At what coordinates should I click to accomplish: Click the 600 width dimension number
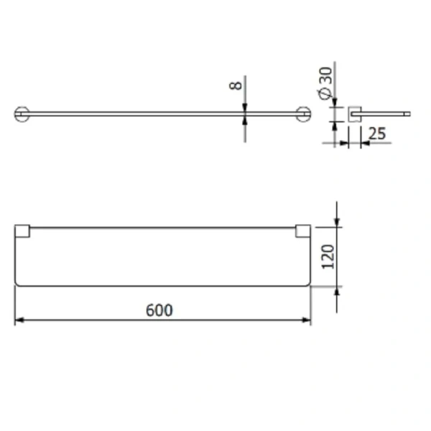[x=159, y=310]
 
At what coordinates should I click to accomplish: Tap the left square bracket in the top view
[x=22, y=231]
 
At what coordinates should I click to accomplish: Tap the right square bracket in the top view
[x=303, y=231]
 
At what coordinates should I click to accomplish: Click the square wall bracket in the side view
[x=353, y=113]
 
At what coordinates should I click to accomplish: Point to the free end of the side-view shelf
[x=407, y=113]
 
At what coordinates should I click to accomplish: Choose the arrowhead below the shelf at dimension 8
[x=245, y=120]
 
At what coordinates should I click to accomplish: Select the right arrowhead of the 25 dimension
[x=363, y=142]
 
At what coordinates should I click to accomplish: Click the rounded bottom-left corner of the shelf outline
[x=19, y=282]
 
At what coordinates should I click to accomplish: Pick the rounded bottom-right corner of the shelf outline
[x=307, y=282]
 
